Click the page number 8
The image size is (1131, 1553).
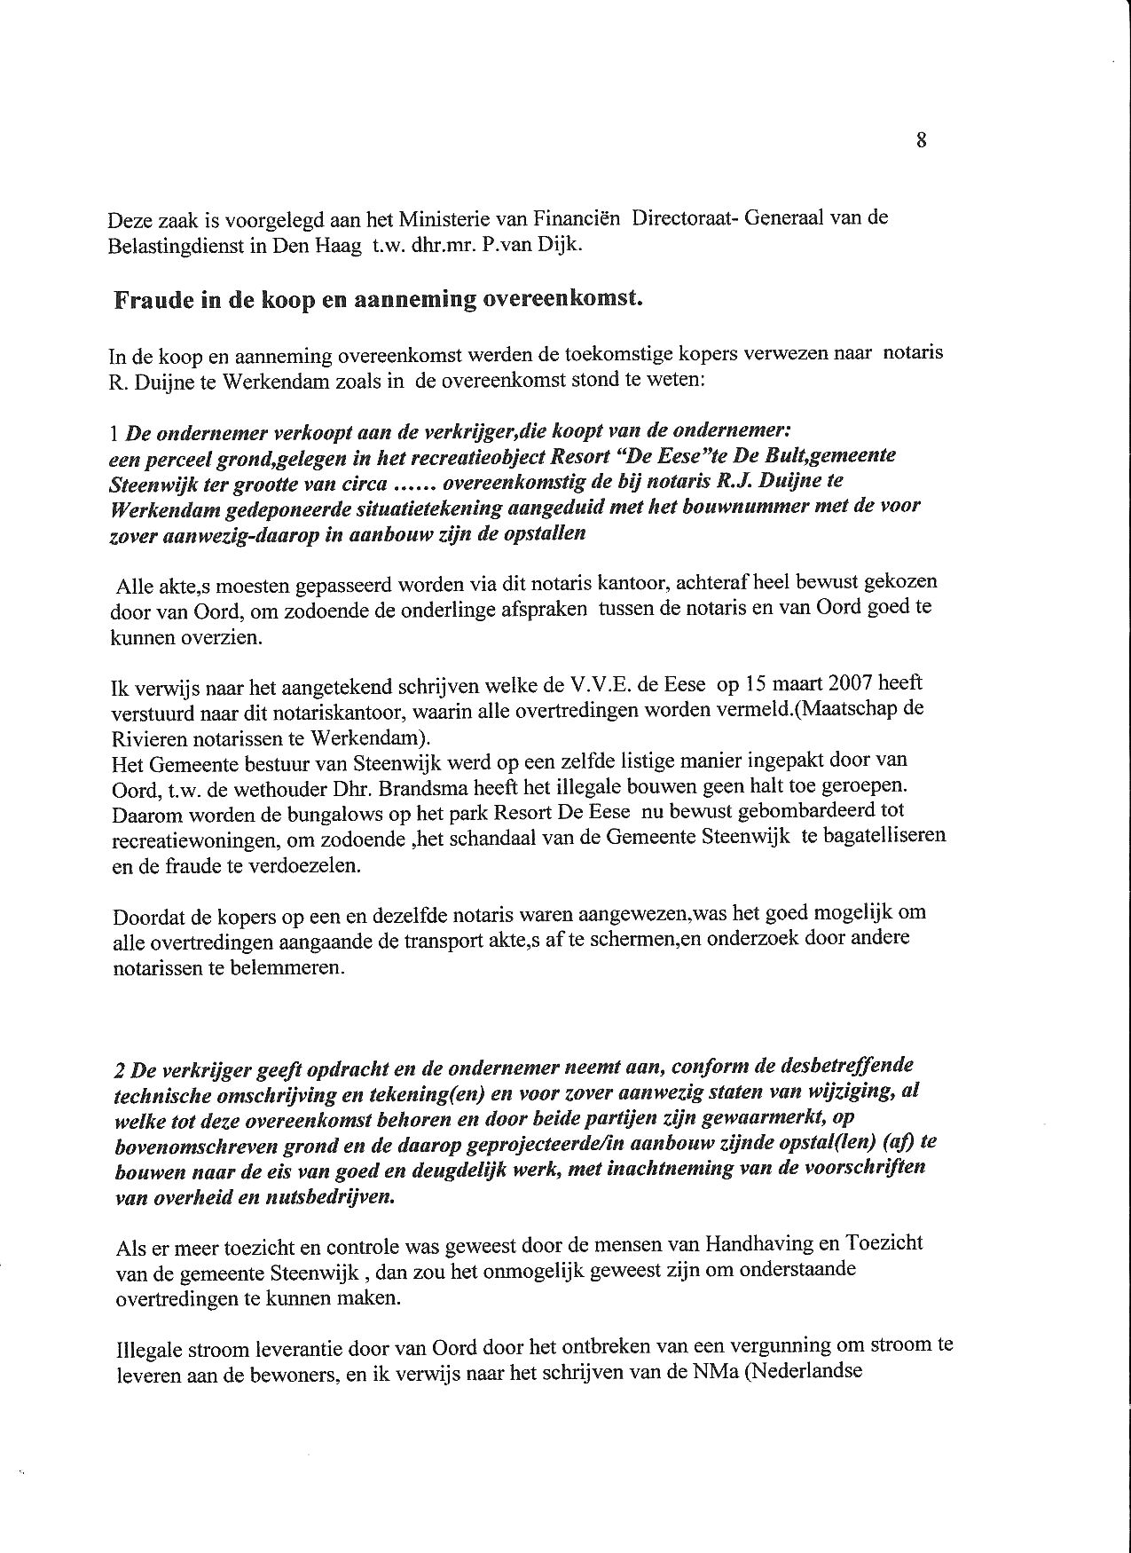(x=922, y=139)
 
